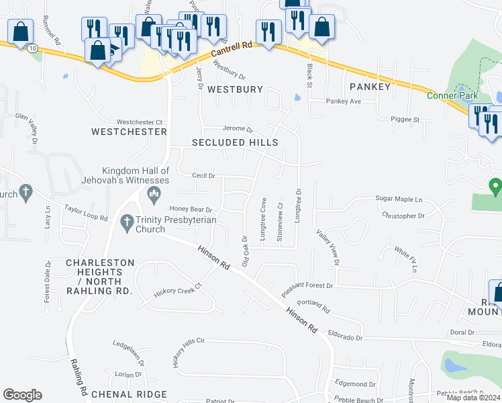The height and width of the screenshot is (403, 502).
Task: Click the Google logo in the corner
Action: point(22,395)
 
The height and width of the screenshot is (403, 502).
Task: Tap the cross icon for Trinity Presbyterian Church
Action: point(126,220)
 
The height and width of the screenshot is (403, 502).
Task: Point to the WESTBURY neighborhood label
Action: point(234,89)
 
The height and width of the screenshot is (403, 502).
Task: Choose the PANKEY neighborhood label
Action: point(370,87)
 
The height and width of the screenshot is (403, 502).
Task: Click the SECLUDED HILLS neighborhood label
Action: point(235,142)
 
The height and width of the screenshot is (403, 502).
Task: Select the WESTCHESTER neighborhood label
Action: point(129,132)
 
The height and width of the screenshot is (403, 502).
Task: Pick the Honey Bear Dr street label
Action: point(191,209)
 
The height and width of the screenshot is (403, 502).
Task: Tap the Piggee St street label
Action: point(405,120)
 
